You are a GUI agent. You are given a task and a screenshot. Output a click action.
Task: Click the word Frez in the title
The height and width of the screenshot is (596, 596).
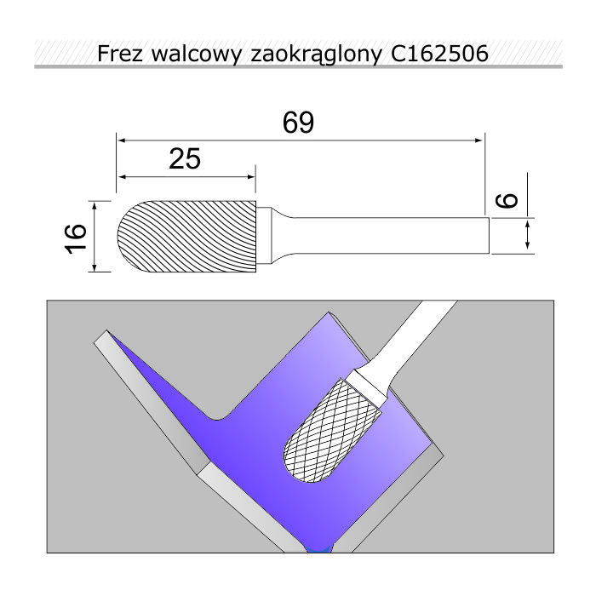pyautogui.click(x=120, y=54)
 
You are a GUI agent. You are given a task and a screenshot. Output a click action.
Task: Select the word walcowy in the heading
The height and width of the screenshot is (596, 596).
pyautogui.click(x=196, y=54)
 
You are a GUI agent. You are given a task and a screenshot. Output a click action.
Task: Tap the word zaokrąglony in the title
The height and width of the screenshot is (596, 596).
pyautogui.click(x=316, y=54)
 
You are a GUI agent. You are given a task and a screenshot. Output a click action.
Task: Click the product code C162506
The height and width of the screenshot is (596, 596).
pyautogui.click(x=439, y=54)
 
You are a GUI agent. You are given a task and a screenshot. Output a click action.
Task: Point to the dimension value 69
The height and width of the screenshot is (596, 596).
pyautogui.click(x=298, y=123)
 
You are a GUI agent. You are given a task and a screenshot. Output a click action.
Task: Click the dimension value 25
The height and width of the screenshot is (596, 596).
pyautogui.click(x=185, y=159)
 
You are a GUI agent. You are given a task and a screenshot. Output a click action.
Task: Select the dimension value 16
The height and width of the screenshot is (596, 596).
pyautogui.click(x=75, y=238)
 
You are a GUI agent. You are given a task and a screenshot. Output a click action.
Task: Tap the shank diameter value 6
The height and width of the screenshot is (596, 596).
pyautogui.click(x=507, y=200)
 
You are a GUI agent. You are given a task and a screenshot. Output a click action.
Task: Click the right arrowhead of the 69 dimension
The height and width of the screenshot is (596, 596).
pyautogui.click(x=479, y=140)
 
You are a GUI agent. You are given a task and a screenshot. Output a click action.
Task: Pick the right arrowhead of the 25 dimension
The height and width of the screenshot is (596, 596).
pyautogui.click(x=251, y=177)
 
